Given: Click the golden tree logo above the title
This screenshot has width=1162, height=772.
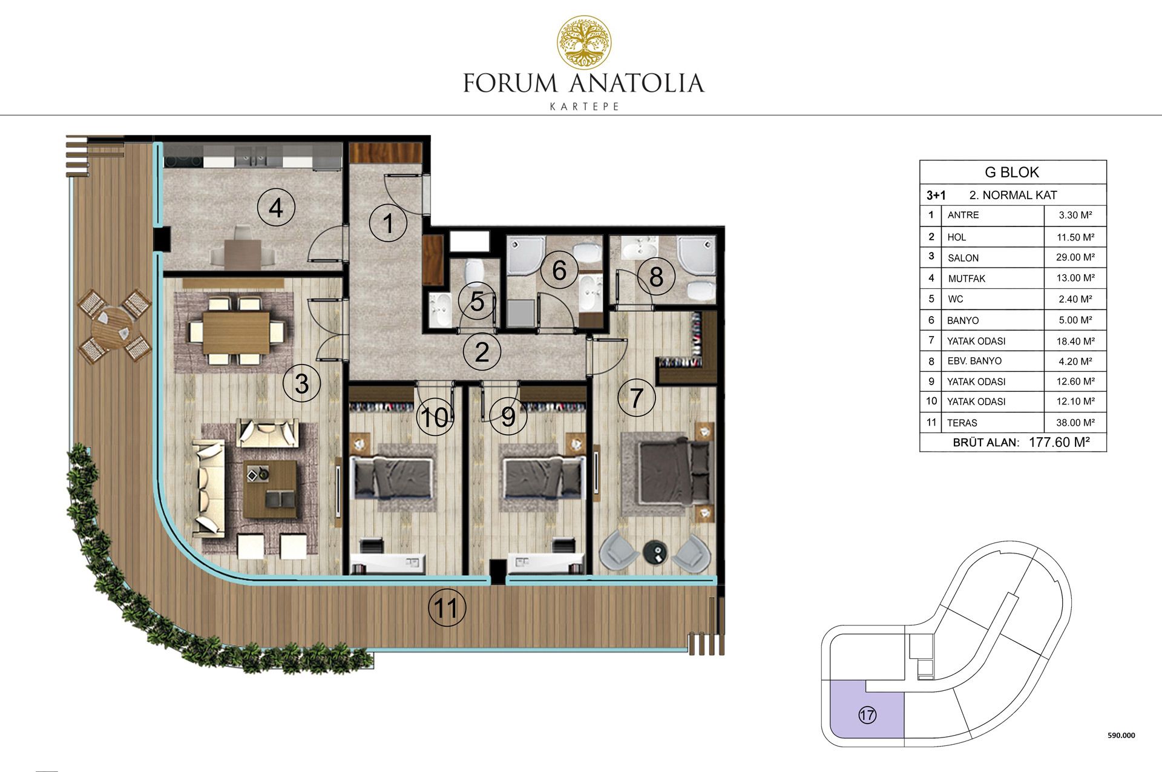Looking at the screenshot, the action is pyautogui.click(x=584, y=42).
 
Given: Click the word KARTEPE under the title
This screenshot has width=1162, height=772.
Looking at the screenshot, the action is pyautogui.click(x=584, y=107).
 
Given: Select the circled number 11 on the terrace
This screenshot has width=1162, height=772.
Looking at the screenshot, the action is pyautogui.click(x=447, y=608).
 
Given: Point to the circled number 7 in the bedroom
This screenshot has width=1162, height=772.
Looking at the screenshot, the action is pyautogui.click(x=636, y=398).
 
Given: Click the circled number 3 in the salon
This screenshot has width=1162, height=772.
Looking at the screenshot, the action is pyautogui.click(x=301, y=383).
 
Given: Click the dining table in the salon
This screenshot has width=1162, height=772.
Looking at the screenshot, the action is pyautogui.click(x=236, y=332).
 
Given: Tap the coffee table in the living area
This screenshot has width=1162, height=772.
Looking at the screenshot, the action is pyautogui.click(x=270, y=489).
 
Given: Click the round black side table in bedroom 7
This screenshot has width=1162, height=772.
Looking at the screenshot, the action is pyautogui.click(x=655, y=552).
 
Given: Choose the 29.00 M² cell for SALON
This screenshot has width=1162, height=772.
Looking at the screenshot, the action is pyautogui.click(x=1075, y=257).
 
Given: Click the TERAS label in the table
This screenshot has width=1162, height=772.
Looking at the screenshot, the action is pyautogui.click(x=962, y=423).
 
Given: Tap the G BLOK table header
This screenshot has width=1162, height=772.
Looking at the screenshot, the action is pyautogui.click(x=1012, y=172).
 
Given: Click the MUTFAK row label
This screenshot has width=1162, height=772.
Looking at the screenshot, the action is pyautogui.click(x=967, y=279).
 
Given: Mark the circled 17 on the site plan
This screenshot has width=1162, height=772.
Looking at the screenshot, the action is pyautogui.click(x=867, y=715).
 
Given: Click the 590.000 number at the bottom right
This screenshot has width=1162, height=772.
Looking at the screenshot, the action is pyautogui.click(x=1121, y=736).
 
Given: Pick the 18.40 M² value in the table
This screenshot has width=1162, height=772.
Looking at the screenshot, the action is pyautogui.click(x=1075, y=341).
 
